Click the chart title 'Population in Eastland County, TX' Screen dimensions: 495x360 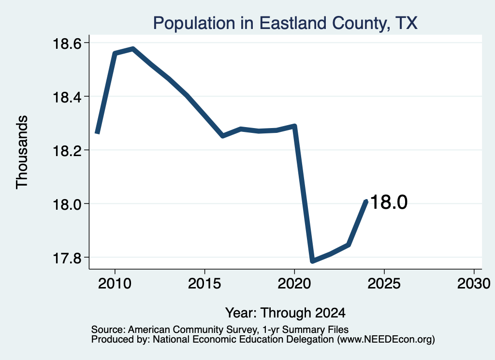pos(285,23)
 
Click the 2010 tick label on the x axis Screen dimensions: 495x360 pos(115,284)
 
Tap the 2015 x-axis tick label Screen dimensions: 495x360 pos(204,284)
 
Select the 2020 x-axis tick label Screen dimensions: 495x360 pos(294,284)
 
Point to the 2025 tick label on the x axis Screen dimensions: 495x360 pos(384,284)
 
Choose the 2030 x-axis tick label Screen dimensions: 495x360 pos(474,284)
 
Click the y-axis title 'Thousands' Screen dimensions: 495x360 pos(22,152)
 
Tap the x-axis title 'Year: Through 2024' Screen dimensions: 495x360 pos(285,313)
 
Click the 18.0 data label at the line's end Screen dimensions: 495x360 pos(389,202)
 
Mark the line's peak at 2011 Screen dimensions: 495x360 pos(133,49)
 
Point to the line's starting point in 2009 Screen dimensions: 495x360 pos(97,133)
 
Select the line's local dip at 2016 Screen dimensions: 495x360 pos(223,136)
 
